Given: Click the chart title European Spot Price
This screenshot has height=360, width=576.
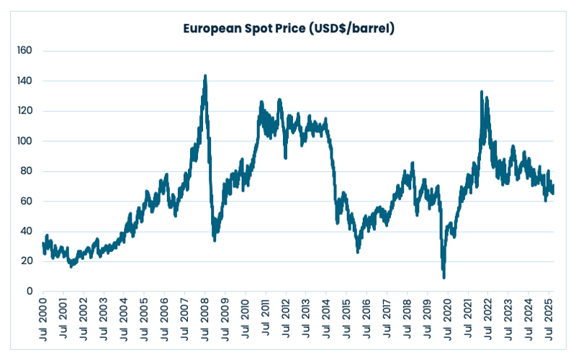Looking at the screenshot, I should click(x=288, y=30).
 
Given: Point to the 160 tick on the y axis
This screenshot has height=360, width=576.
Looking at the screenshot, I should click(x=27, y=51).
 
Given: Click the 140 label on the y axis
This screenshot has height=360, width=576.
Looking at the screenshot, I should click(x=27, y=81).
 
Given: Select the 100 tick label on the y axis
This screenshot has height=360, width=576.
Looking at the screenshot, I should click(x=27, y=141).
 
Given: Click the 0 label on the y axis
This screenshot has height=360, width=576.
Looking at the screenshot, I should click(x=31, y=292).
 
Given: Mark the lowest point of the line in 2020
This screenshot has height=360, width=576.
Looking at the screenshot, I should click(x=444, y=277).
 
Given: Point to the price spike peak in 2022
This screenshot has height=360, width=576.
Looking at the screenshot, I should click(x=481, y=91).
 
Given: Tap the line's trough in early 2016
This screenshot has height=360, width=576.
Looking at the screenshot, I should click(x=358, y=251).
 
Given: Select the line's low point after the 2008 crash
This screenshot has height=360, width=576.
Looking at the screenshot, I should click(x=215, y=240).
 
